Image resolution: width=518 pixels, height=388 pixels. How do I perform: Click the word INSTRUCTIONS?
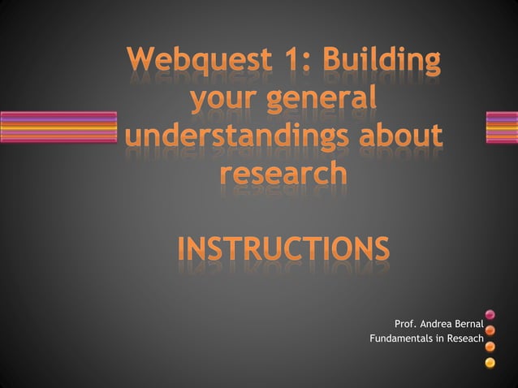point(283,248)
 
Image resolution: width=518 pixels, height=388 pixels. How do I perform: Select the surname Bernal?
point(469,325)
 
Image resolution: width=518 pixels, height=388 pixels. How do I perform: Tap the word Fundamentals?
point(403,338)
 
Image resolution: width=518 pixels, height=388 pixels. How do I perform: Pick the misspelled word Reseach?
point(462,338)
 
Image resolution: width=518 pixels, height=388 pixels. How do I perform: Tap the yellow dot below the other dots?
point(490,361)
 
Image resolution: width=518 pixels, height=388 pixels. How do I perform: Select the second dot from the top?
point(490,330)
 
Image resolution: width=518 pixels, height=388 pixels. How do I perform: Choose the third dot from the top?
point(490,346)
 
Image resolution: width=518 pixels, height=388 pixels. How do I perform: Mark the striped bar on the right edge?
point(501,127)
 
